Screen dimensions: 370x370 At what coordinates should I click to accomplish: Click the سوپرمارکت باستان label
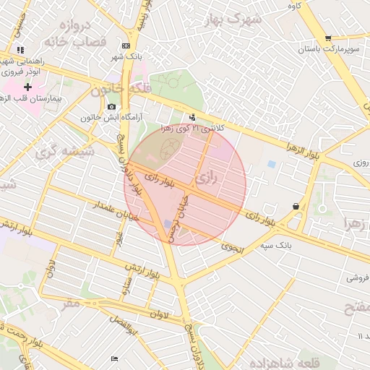(328, 51)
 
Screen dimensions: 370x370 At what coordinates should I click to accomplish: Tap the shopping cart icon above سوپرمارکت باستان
(328, 38)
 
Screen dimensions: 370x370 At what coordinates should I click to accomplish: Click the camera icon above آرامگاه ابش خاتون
(111, 107)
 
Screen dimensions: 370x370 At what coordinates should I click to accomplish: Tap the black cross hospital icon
(27, 87)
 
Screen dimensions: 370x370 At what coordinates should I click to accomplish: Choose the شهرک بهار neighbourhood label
(232, 20)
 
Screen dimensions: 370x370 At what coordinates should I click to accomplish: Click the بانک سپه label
(296, 245)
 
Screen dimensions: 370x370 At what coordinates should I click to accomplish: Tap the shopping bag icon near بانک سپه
(296, 207)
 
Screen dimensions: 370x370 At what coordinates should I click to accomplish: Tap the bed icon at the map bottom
(114, 359)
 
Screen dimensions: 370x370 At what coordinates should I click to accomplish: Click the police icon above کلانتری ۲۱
(192, 117)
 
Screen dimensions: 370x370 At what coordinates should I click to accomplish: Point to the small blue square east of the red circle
(271, 165)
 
